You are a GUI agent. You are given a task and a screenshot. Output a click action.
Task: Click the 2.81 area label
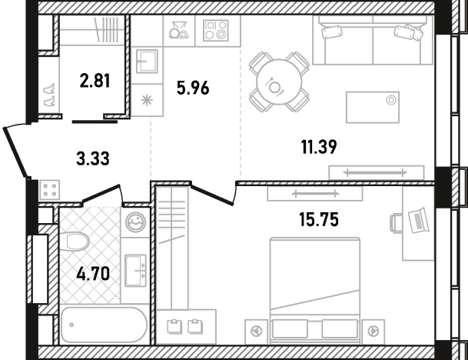95,81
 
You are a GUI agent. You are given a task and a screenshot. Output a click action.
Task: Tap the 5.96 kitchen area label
193,88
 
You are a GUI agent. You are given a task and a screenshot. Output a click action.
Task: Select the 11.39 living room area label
319,147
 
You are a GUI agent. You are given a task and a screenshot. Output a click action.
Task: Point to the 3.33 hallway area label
93,158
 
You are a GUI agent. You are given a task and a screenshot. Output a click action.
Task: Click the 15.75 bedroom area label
319,220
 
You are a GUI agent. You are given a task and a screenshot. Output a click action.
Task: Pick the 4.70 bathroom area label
93,274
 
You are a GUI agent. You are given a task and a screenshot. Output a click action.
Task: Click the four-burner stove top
215,30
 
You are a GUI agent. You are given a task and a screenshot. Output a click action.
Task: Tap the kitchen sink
147,62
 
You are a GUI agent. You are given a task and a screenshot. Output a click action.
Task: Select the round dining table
279,82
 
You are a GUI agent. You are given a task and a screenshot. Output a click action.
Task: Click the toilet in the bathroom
78,241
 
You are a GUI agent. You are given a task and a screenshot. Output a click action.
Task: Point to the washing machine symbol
135,222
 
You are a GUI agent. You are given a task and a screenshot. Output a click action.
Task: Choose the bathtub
104,325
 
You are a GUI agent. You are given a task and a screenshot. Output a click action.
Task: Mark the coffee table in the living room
373,107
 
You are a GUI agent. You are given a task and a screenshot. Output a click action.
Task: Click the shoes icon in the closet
49,95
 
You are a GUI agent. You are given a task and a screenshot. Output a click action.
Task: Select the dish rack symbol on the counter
179,29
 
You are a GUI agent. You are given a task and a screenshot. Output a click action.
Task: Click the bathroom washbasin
135,271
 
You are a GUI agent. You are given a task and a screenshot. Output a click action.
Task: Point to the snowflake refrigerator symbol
147,100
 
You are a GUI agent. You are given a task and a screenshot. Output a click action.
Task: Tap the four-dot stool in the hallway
49,190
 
